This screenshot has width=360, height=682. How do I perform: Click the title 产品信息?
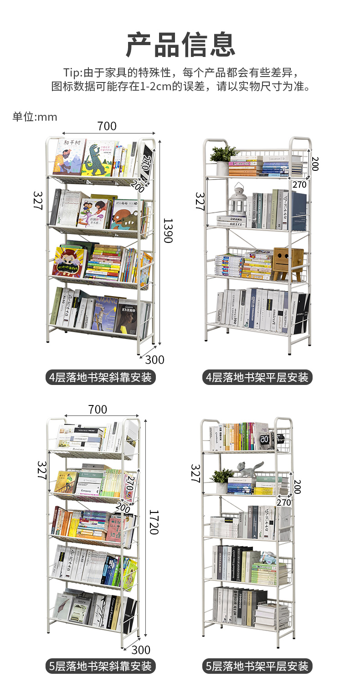(x=180, y=44)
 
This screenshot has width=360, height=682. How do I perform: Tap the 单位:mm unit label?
(x=35, y=117)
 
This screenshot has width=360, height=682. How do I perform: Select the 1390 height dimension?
(x=168, y=231)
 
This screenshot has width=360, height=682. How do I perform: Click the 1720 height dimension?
(x=154, y=522)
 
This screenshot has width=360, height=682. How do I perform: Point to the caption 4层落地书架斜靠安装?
(x=100, y=378)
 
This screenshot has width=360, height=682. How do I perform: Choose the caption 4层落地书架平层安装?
(x=257, y=378)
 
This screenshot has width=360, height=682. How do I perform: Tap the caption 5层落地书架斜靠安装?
(x=100, y=667)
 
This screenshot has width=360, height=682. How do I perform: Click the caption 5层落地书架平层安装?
(x=257, y=667)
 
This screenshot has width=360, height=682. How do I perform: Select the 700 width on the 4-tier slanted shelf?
(x=107, y=126)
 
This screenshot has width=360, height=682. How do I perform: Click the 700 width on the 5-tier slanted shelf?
(x=98, y=410)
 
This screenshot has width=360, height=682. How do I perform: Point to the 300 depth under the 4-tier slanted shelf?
(x=154, y=360)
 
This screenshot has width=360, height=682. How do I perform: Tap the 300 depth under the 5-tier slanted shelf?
(x=140, y=650)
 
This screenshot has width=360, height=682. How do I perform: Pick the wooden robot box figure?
(x=288, y=263)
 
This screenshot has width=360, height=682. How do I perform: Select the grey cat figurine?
(x=249, y=470)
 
